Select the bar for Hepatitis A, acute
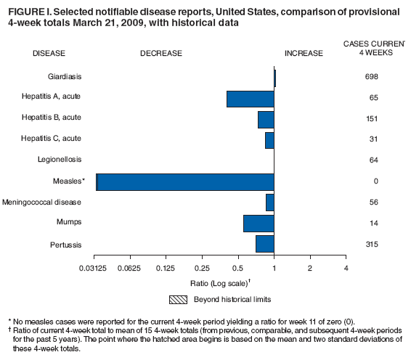[251, 99]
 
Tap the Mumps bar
[259, 224]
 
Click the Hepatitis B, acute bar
[266, 119]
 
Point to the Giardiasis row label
[63, 75]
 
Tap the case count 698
[372, 76]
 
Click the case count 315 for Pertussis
[372, 245]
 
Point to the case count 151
[372, 118]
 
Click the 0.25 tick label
[202, 269]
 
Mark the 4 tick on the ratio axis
[346, 269]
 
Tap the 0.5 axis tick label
[237, 269]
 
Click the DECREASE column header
[161, 54]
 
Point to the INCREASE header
[304, 54]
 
